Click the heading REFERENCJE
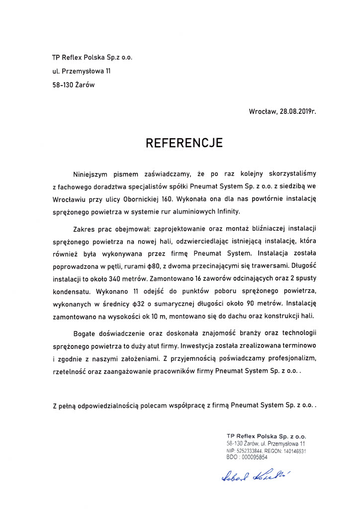click(184, 143)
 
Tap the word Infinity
click(224, 211)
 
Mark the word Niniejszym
click(92, 173)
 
